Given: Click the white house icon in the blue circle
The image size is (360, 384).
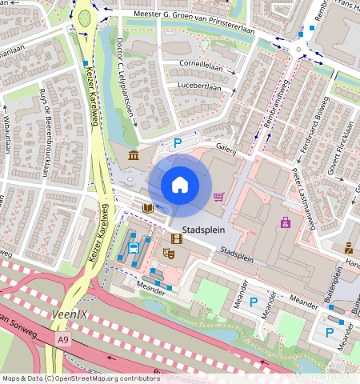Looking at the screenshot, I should pyautogui.click(x=180, y=185).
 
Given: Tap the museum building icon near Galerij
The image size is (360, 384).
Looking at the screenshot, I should pyautogui.click(x=133, y=154).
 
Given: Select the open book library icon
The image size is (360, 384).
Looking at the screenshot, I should pyautogui.click(x=147, y=208).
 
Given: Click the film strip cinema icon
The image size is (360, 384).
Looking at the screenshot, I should pyautogui.click(x=176, y=238).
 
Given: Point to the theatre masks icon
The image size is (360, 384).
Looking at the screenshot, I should pyautogui.click(x=169, y=253).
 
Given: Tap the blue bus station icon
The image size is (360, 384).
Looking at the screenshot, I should pyautogui.click(x=133, y=248).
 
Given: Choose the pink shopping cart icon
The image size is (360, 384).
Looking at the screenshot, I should pyautogui.click(x=218, y=197).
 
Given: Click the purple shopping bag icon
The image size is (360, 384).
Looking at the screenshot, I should pyautogui.click(x=284, y=222).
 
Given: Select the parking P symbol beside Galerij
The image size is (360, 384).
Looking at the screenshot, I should pyautogui.click(x=178, y=143).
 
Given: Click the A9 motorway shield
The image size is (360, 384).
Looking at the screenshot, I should pyautogui.click(x=63, y=340).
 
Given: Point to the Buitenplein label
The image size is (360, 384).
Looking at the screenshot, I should pyautogui.click(x=338, y=285).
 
